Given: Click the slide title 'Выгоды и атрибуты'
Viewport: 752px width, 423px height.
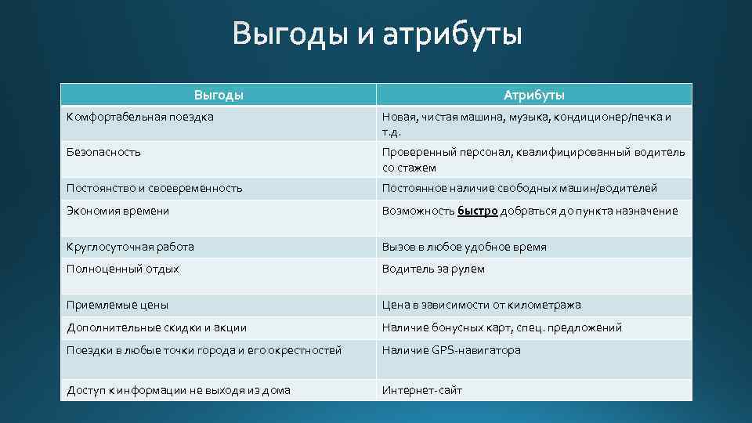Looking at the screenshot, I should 376,35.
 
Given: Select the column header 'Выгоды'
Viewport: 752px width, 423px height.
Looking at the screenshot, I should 219,95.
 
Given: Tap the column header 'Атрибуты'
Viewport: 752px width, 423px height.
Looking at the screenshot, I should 534,95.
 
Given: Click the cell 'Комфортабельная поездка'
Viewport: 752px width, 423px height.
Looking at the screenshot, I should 140,117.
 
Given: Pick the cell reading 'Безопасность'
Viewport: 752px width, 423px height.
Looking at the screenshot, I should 104,152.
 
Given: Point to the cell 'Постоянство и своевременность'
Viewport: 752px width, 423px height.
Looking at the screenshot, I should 154,188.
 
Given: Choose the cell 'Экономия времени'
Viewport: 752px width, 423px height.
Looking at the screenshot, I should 118,211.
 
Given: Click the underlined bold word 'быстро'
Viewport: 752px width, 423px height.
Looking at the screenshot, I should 478,211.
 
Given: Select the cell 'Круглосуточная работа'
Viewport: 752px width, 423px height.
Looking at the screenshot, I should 131,247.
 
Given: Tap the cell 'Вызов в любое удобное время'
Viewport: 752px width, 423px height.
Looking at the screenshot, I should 465,247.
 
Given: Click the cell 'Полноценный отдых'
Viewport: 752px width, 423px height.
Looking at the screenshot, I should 123,269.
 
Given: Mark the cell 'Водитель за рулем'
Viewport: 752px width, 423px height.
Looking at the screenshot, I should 433,269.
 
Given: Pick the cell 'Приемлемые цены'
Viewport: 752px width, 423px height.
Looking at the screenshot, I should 117,305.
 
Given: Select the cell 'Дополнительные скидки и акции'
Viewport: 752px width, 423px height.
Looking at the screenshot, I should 157,327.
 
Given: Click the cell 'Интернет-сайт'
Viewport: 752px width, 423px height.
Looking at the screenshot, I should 422,390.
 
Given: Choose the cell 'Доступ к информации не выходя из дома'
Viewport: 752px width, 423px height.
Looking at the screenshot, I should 179,390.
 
